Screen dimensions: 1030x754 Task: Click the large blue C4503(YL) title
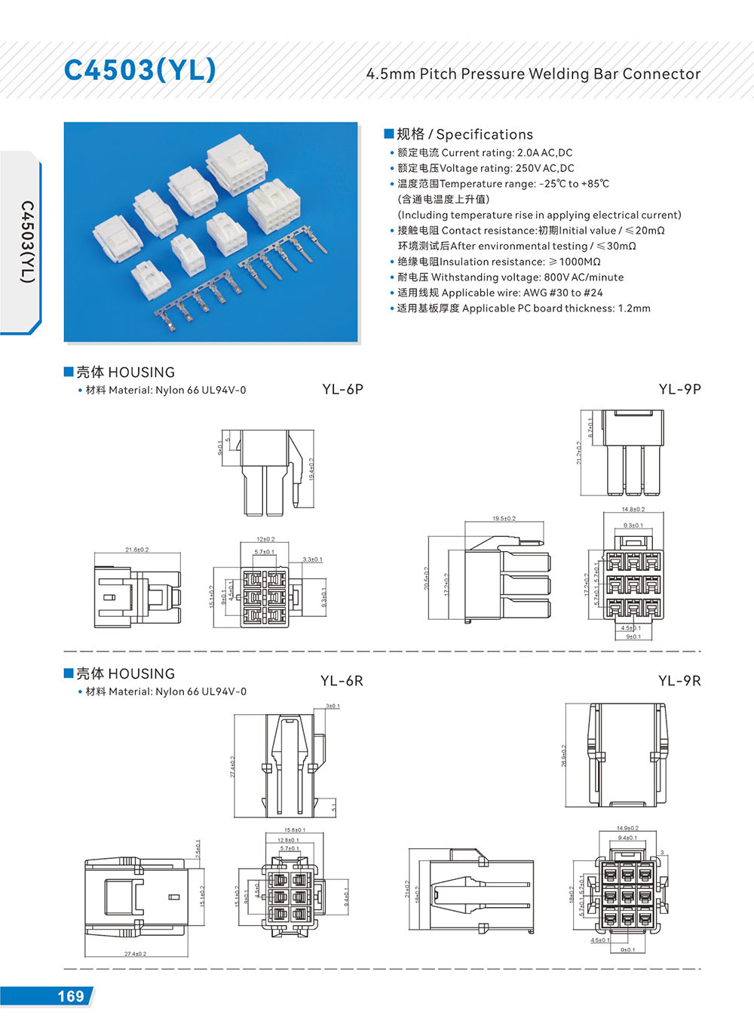tap(140, 69)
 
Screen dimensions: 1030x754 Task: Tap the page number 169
tap(71, 996)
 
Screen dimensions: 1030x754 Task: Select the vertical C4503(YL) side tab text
tap(27, 241)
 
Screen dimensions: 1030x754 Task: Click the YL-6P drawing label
tap(342, 389)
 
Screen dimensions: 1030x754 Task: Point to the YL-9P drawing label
tap(679, 389)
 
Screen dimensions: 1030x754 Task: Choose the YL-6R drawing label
tap(342, 681)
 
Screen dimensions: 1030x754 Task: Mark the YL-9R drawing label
tap(679, 681)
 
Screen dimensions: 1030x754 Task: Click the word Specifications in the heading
tap(484, 134)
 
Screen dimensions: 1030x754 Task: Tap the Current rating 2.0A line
tap(485, 152)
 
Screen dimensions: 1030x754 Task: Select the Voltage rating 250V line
tap(486, 168)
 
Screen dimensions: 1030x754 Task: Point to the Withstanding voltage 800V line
tap(510, 277)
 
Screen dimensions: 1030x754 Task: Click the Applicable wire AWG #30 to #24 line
tap(500, 293)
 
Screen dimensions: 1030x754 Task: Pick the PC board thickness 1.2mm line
tap(523, 308)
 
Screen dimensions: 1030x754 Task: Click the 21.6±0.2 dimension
tap(137, 550)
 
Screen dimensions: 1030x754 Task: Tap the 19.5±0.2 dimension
tap(504, 519)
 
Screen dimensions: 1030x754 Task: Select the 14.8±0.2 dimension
tap(633, 510)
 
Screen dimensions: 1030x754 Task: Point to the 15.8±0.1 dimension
tap(295, 830)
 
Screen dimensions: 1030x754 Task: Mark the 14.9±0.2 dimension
tap(627, 828)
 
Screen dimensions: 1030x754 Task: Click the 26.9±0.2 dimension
tap(563, 756)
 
